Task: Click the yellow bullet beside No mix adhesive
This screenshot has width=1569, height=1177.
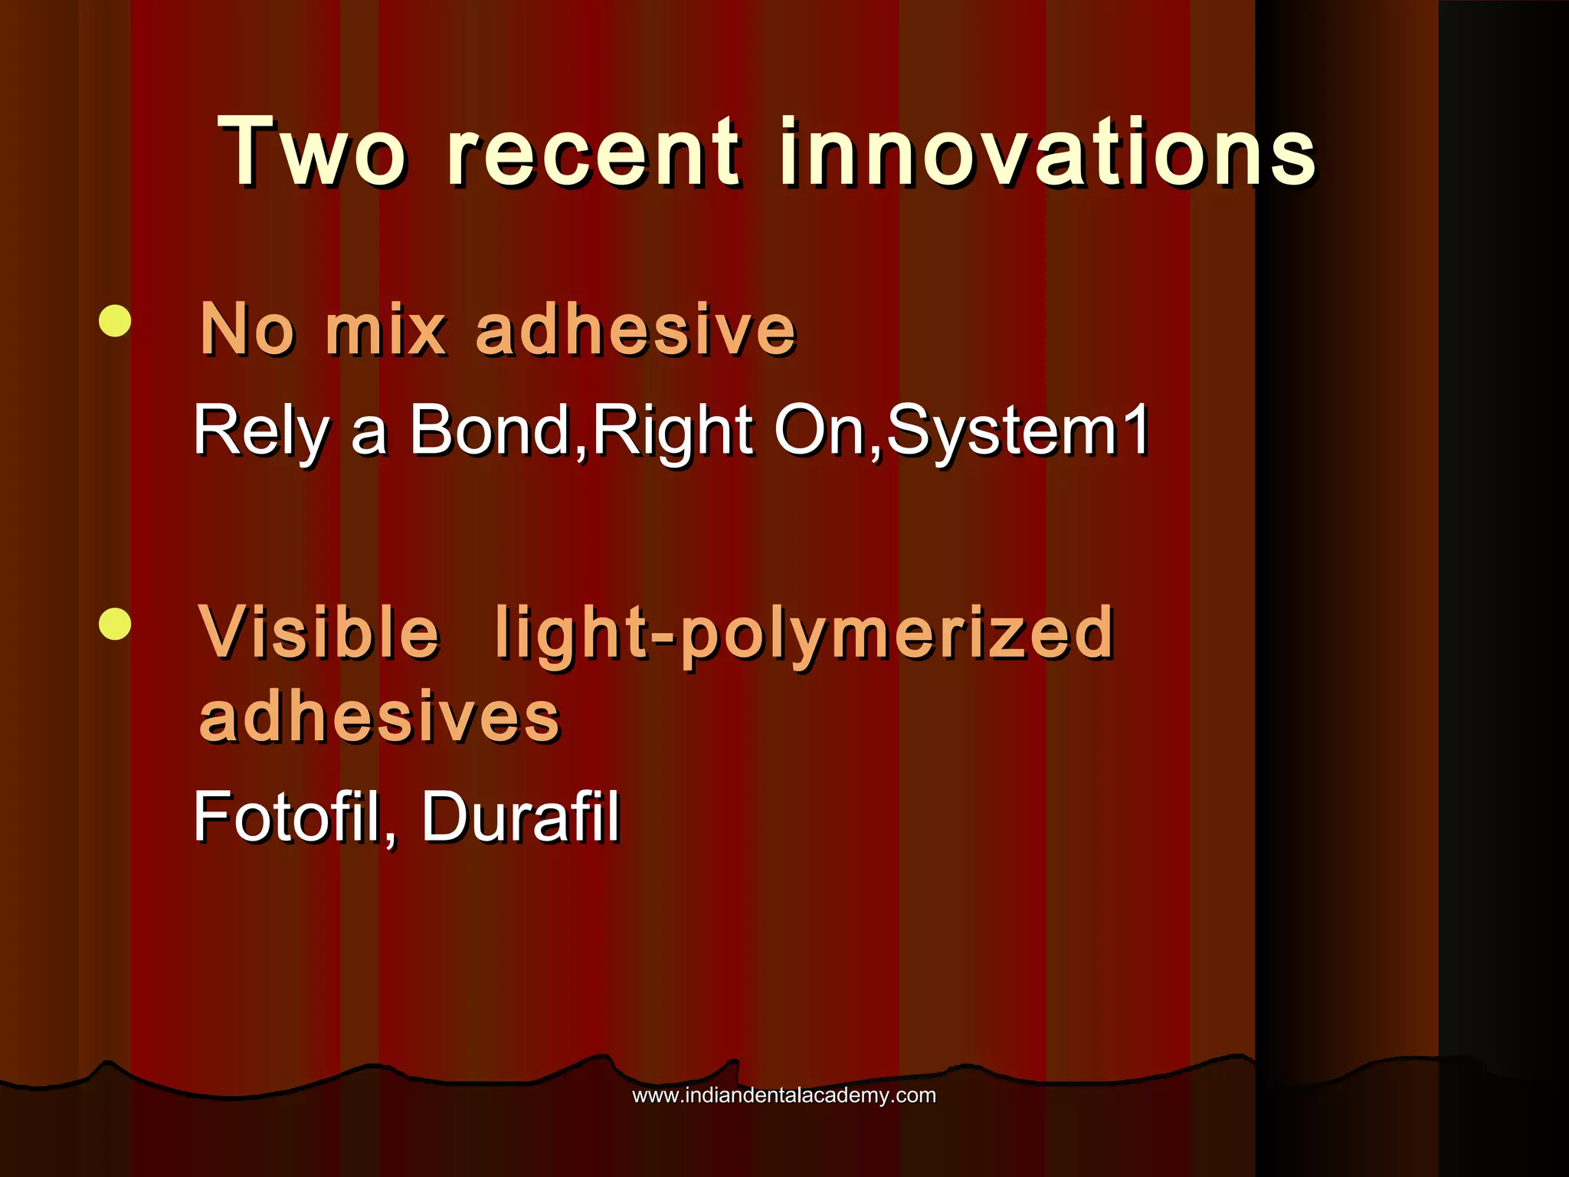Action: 115,321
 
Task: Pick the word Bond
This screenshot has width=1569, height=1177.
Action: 490,431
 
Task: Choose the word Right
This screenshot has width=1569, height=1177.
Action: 673,431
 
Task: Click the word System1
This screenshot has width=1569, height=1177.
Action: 1017,431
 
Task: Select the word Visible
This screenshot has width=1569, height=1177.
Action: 319,632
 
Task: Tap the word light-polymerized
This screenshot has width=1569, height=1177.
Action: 804,632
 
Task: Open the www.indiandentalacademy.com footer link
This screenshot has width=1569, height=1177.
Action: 784,1096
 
